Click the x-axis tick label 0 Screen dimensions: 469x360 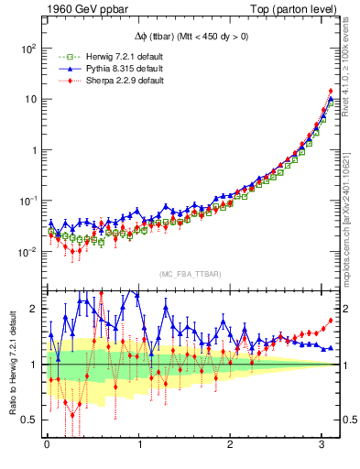(x=47, y=446)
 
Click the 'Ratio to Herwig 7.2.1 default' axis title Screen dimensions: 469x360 (x=11, y=365)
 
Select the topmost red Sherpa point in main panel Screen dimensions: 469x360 (x=331, y=91)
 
